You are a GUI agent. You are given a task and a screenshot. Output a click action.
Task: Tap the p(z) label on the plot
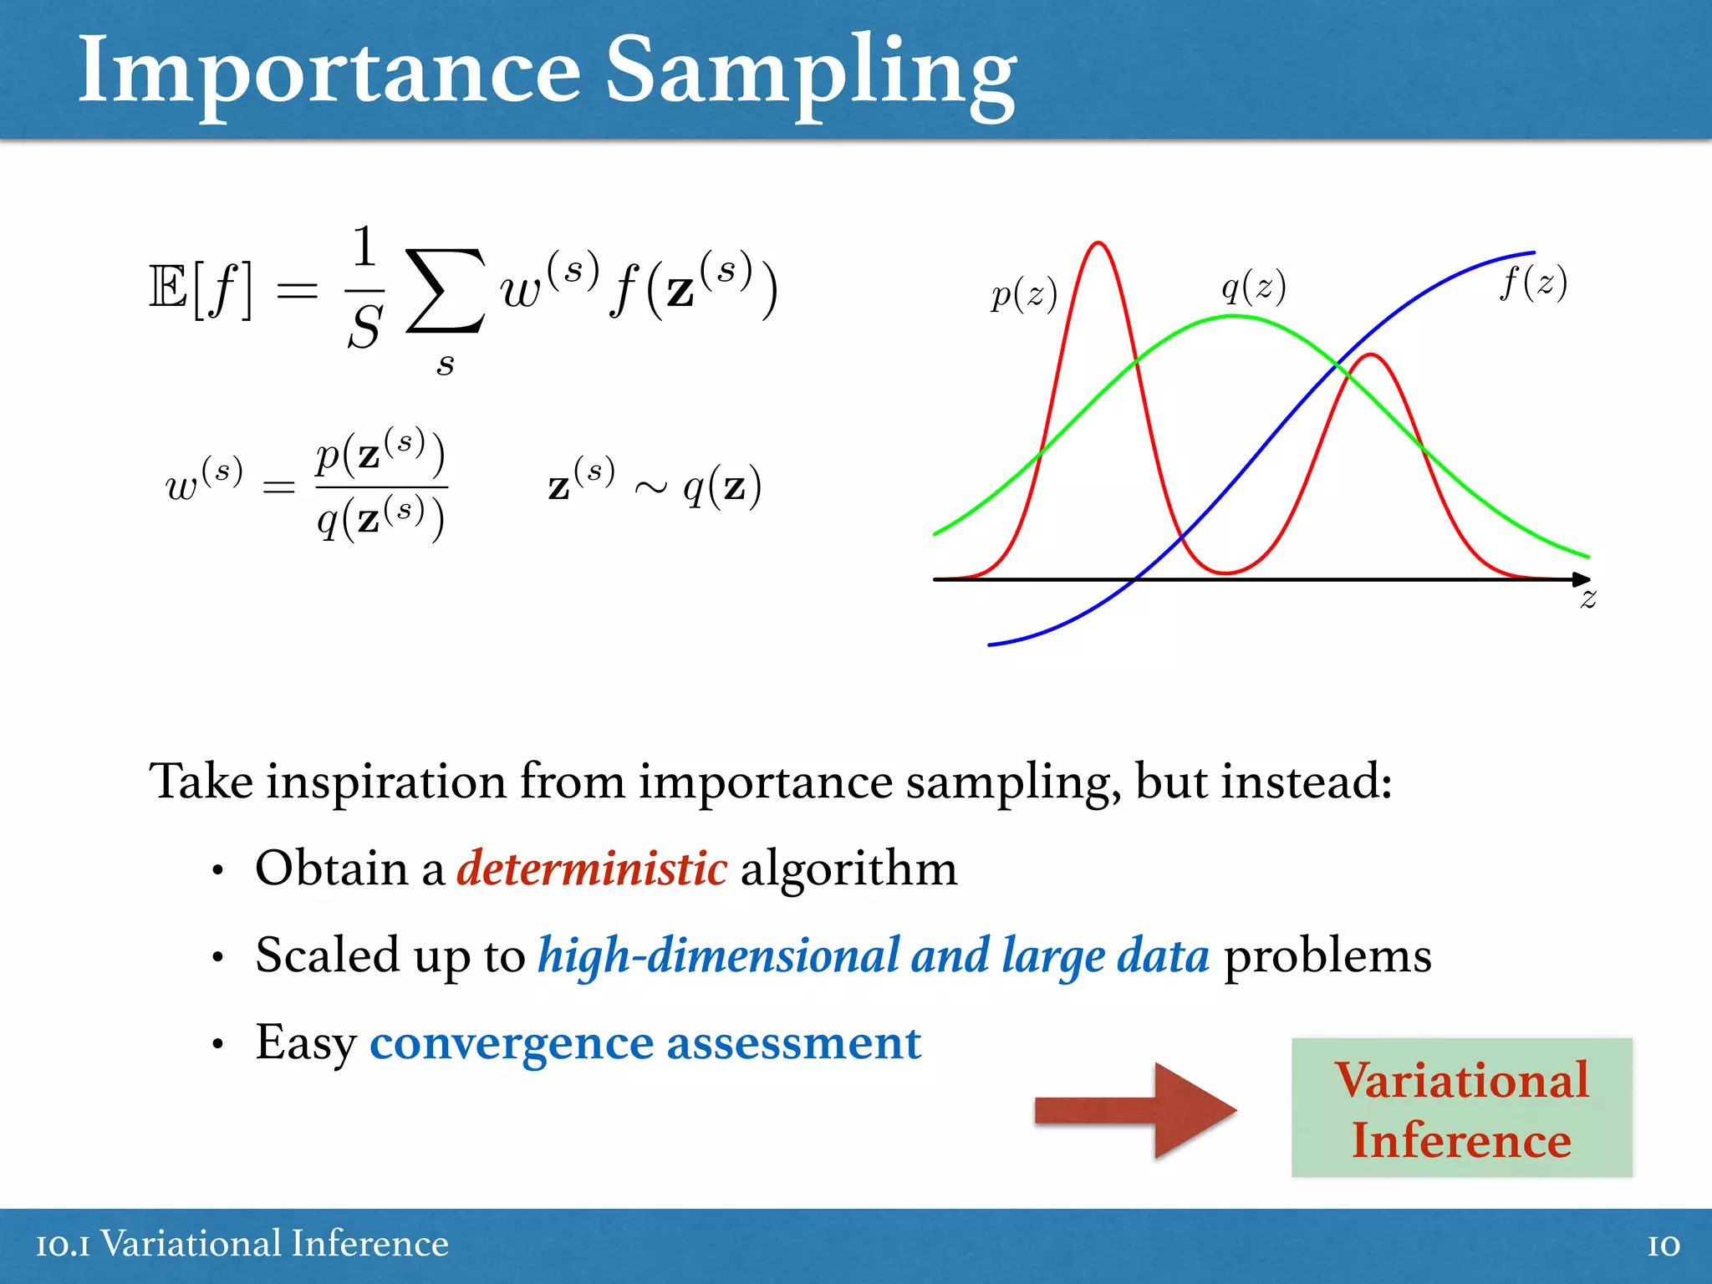[x=1024, y=294]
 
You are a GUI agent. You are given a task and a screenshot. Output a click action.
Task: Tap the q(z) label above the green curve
[x=1253, y=287]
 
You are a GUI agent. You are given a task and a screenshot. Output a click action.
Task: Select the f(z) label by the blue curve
[x=1533, y=282]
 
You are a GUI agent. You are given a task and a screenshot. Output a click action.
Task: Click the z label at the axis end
[x=1588, y=599]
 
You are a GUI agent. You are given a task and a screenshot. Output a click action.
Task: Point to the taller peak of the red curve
[x=1098, y=244]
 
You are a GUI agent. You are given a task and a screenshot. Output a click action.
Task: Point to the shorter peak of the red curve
[x=1371, y=356]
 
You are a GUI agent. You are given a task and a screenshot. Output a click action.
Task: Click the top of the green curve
[x=1234, y=316]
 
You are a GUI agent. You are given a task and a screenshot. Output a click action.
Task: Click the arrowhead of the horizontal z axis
[x=1581, y=578]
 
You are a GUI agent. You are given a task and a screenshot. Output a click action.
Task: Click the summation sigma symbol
[x=445, y=291]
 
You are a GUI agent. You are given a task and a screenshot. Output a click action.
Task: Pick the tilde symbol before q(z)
[x=650, y=487]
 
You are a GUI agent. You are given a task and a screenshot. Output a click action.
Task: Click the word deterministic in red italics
[x=592, y=869]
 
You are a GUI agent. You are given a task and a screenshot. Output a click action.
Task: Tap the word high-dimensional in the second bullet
[x=717, y=955]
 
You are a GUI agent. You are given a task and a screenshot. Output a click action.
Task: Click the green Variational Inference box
[x=1461, y=1108]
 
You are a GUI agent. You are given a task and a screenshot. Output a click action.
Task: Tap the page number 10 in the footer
[x=1664, y=1246]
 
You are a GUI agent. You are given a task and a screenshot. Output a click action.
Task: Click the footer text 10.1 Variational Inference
[x=242, y=1244]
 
